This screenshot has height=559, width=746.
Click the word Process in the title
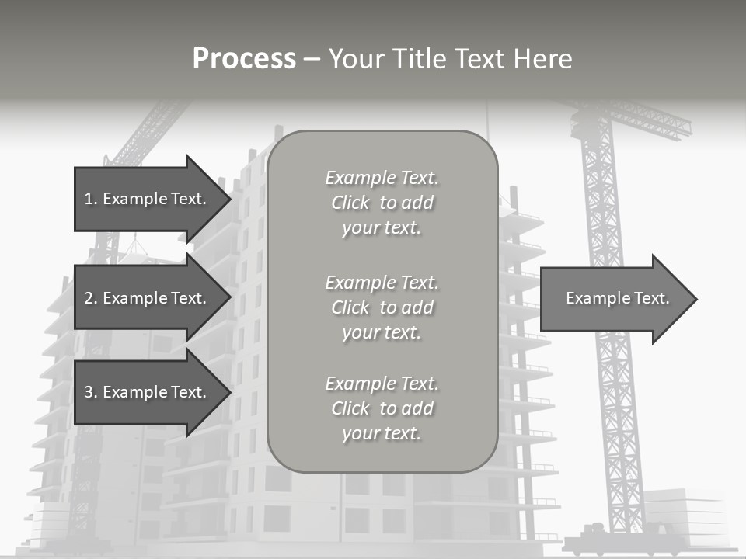pyautogui.click(x=244, y=59)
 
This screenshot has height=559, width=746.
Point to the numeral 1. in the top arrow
pyautogui.click(x=90, y=199)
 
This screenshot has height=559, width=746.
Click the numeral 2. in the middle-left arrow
pyautogui.click(x=90, y=298)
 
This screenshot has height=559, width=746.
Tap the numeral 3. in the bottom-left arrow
pyautogui.click(x=90, y=392)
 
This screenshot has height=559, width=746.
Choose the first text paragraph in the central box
pyautogui.click(x=382, y=203)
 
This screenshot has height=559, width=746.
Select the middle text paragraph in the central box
pyautogui.click(x=382, y=307)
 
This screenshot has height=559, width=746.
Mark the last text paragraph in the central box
pyautogui.click(x=382, y=408)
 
